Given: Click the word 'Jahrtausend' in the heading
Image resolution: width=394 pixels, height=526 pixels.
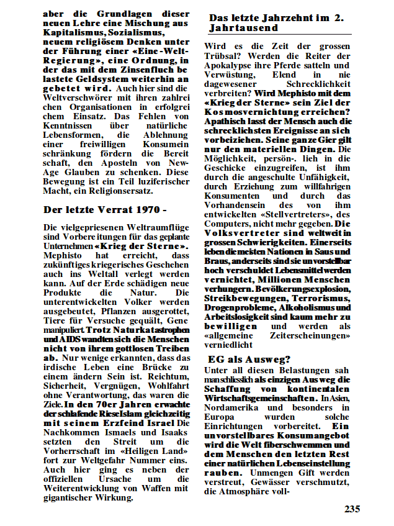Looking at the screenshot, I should click(x=243, y=28).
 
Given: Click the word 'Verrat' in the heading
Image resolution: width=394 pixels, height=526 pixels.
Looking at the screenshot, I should click(x=102, y=209).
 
